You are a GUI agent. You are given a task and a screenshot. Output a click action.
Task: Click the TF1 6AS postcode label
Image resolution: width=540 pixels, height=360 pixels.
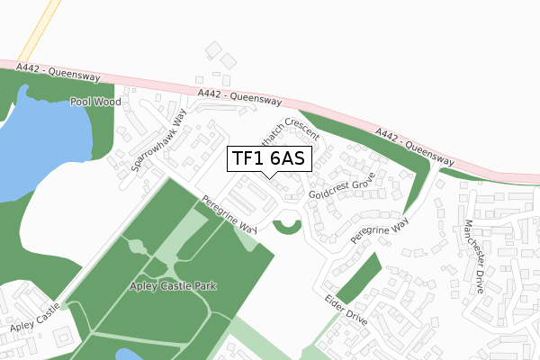(268, 159)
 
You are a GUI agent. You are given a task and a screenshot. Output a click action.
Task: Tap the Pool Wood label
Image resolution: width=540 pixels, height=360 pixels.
(95, 103)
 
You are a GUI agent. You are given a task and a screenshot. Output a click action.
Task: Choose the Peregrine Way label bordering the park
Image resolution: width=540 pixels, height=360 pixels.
(229, 215)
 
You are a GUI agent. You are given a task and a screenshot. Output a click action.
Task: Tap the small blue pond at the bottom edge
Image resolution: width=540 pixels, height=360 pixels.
(129, 355)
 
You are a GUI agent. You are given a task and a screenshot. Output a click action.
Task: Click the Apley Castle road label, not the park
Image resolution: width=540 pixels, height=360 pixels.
(34, 319)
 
